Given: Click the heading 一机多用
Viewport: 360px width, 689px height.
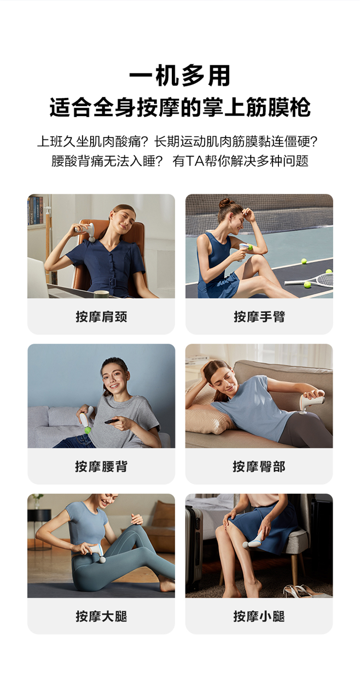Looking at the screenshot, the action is pyautogui.click(x=180, y=76).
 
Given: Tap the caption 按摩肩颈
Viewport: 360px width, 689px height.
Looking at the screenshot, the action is pyautogui.click(x=101, y=317).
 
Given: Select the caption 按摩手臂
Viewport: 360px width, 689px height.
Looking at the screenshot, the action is pyautogui.click(x=259, y=317).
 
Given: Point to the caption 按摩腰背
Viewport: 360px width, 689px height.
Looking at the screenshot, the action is pyautogui.click(x=101, y=466).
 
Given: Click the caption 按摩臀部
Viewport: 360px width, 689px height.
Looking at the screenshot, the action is pyautogui.click(x=259, y=466).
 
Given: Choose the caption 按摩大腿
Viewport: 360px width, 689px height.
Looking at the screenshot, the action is pyautogui.click(x=101, y=616).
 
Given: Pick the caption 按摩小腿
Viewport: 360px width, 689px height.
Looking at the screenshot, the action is pyautogui.click(x=259, y=616).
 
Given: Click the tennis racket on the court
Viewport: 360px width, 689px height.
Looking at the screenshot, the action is pyautogui.click(x=311, y=280).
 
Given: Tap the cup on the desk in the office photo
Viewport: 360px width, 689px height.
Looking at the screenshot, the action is pyautogui.click(x=101, y=294).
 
